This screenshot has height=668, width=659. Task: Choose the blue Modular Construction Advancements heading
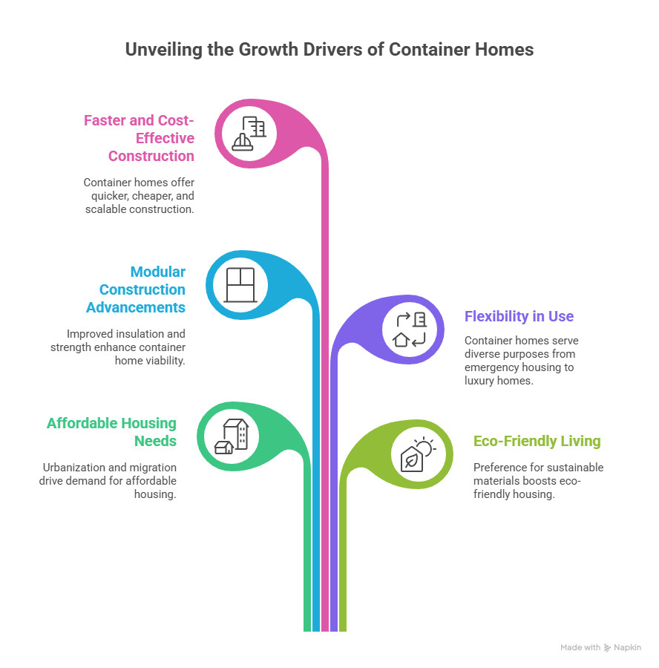(137, 289)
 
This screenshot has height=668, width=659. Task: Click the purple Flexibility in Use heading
(519, 316)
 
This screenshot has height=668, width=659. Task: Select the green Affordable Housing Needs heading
(112, 432)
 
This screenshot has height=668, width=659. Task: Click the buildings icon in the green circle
(231, 436)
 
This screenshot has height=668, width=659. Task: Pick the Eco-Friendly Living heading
(537, 441)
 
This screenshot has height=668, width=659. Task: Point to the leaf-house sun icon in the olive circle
(415, 454)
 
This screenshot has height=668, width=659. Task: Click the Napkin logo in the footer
(623, 648)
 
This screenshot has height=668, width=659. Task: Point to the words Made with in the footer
(580, 648)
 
